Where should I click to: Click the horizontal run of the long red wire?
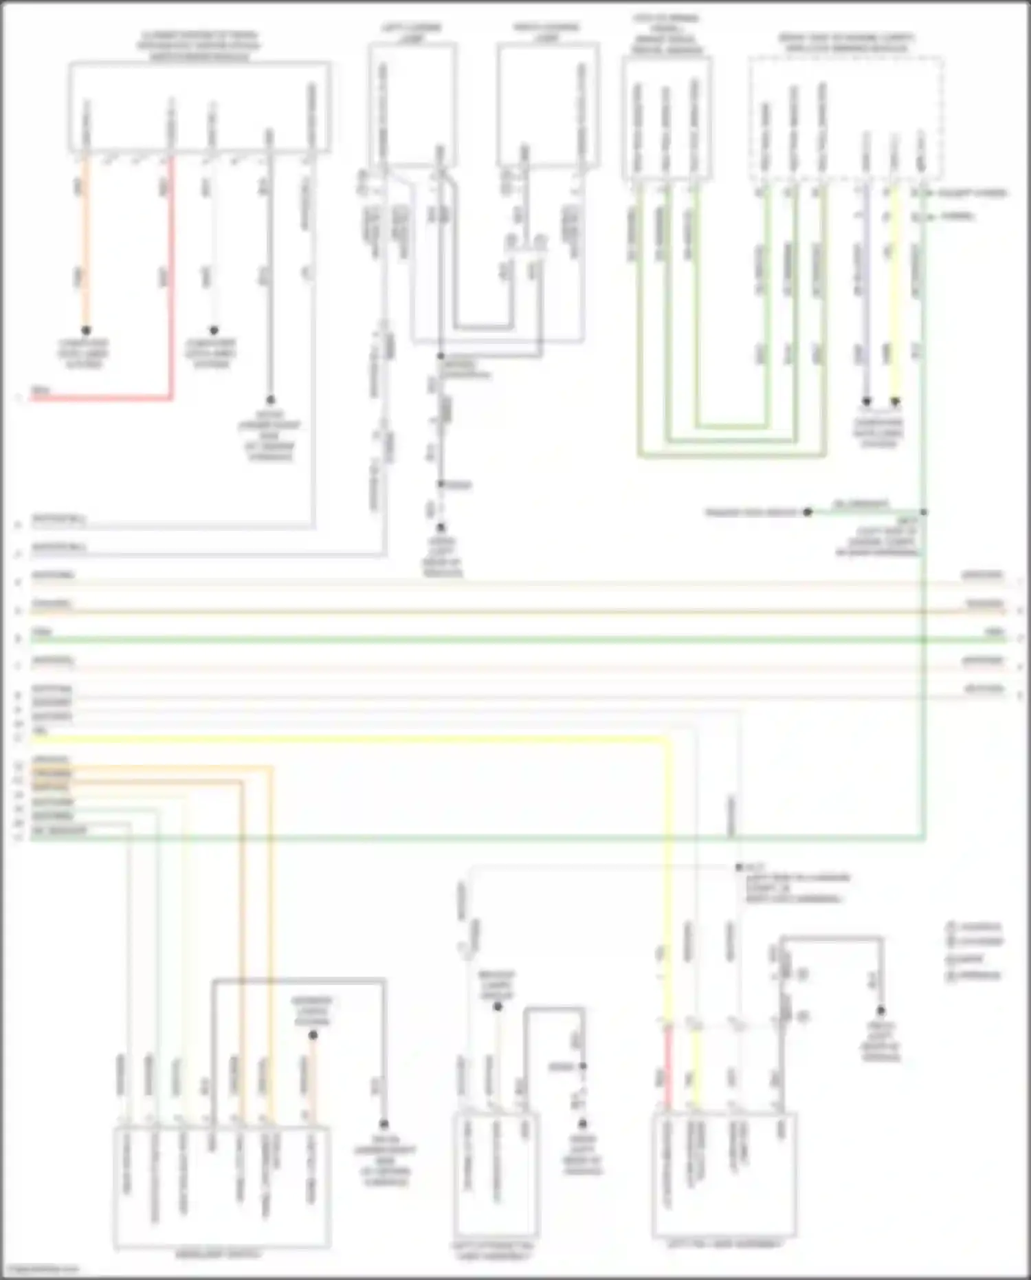tap(103, 398)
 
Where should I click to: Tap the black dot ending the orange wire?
tap(86, 331)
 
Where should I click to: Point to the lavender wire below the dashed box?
tap(866, 289)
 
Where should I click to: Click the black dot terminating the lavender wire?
tap(867, 401)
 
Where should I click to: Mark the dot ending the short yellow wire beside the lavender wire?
tap(895, 401)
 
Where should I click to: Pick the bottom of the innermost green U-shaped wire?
tap(732, 426)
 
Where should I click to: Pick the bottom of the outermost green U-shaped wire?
tap(732, 455)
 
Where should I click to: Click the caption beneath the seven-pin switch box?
tap(219, 1255)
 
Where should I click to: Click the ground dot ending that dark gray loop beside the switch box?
tap(384, 1124)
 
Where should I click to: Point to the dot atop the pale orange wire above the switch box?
tap(313, 1035)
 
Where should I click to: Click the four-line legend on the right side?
tap(975, 951)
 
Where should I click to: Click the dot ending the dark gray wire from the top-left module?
tap(270, 400)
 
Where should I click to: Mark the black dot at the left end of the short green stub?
tap(808, 512)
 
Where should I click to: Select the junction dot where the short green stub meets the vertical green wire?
tap(924, 512)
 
